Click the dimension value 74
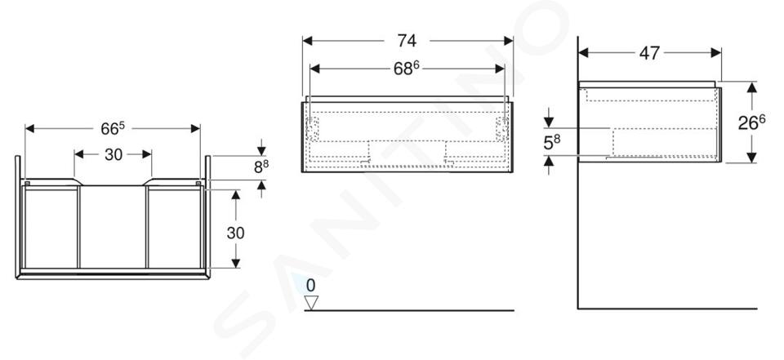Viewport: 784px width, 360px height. pyautogui.click(x=407, y=41)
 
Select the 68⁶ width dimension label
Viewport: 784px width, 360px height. pyautogui.click(x=406, y=69)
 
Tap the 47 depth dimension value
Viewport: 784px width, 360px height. pyautogui.click(x=649, y=52)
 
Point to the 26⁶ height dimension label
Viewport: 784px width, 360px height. pyautogui.click(x=751, y=122)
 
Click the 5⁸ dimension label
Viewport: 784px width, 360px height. pyautogui.click(x=552, y=143)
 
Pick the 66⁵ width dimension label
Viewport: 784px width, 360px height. pyautogui.click(x=113, y=128)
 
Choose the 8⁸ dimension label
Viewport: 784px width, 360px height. pyautogui.click(x=261, y=167)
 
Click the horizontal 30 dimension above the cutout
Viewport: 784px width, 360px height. pyautogui.click(x=114, y=154)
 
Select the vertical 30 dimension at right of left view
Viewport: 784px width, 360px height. pyautogui.click(x=235, y=233)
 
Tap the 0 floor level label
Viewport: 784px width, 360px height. pyautogui.click(x=311, y=286)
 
